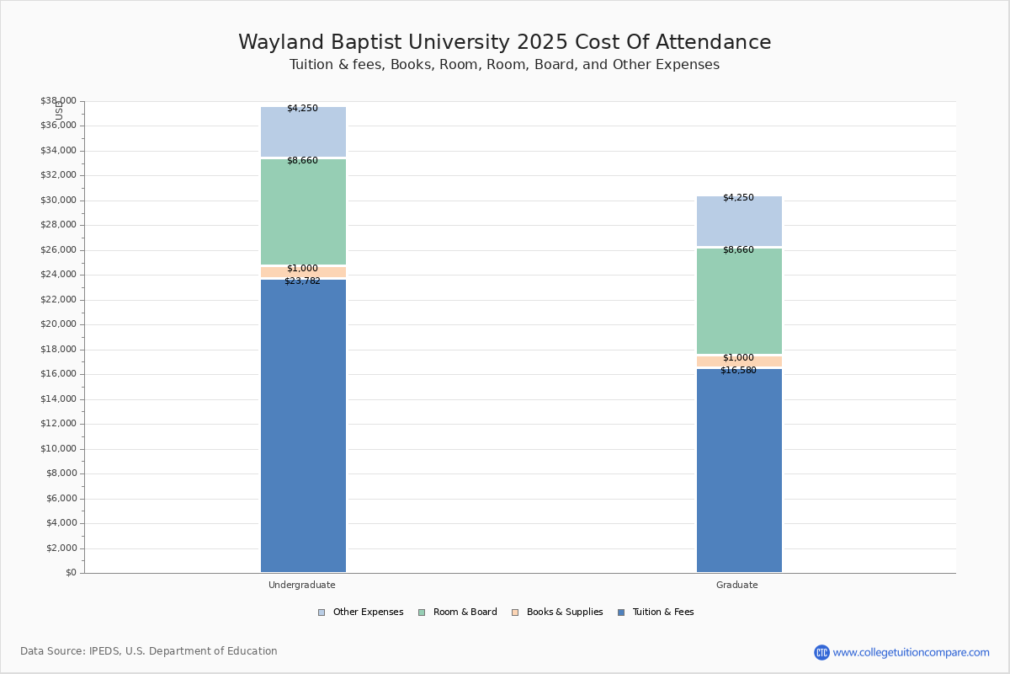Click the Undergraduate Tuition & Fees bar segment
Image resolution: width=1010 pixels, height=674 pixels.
point(304,425)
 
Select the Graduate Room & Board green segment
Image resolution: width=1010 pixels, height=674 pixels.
point(740,301)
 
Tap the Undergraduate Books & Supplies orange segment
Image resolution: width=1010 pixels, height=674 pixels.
point(304,272)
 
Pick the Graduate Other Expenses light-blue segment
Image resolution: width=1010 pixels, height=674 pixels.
point(740,222)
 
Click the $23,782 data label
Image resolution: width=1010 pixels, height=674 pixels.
point(302,281)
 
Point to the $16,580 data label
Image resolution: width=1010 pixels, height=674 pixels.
point(739,370)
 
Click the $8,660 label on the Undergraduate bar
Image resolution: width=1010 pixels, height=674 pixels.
point(302,160)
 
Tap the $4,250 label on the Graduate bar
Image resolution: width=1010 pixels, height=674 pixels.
point(739,197)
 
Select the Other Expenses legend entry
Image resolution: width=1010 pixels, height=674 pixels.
point(361,612)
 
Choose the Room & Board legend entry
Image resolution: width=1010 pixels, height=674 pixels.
point(458,612)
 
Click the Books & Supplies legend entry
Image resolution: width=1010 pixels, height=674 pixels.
point(557,612)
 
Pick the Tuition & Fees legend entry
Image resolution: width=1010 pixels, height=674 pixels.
point(656,612)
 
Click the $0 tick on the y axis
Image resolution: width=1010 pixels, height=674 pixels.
point(72,572)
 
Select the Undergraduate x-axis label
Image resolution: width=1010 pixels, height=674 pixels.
point(302,585)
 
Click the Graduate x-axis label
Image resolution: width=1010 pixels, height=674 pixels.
point(737,585)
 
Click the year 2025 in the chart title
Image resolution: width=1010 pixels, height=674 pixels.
point(542,42)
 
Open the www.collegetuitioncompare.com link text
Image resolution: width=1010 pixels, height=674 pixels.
point(912,652)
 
